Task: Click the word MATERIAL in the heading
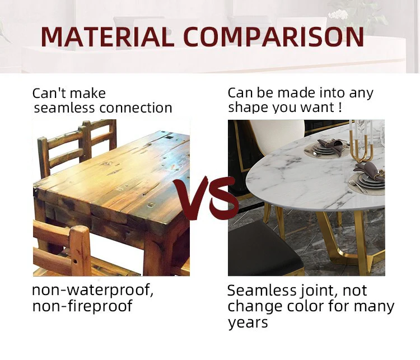click(108, 37)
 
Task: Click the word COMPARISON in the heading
click(273, 37)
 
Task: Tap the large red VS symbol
click(206, 198)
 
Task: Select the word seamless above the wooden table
click(64, 108)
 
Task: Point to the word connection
click(136, 108)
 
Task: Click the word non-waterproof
click(92, 291)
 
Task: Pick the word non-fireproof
click(82, 306)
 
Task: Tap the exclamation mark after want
click(340, 107)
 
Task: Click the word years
click(248, 322)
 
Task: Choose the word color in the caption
click(304, 306)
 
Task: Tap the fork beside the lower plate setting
click(358, 186)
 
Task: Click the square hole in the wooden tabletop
click(169, 137)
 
